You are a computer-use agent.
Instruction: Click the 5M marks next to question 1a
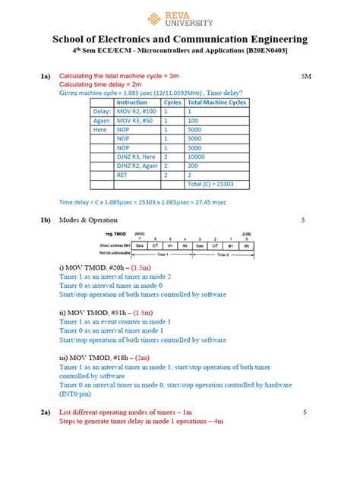point(306,77)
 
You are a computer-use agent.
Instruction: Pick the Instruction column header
point(132,102)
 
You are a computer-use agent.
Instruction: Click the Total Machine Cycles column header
point(216,102)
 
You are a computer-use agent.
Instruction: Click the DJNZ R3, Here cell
point(136,156)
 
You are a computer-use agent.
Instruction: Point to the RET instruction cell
point(122,175)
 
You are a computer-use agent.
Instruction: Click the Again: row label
point(102,120)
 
